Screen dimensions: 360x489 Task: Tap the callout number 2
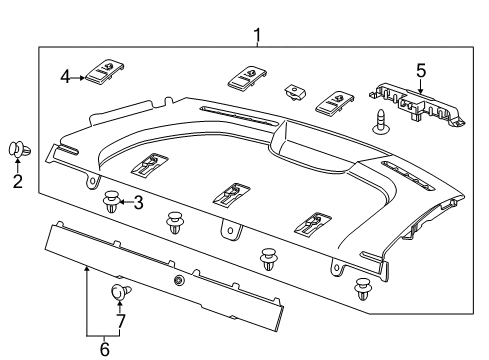[17, 181]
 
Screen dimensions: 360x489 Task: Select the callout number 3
[138, 203]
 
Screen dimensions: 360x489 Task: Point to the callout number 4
[65, 75]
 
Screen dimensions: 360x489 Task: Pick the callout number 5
[421, 70]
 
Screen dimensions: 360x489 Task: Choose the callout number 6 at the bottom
[105, 349]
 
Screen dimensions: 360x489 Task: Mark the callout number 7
[121, 321]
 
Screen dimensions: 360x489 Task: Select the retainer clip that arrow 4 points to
[104, 71]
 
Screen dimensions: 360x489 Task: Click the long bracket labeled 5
[416, 104]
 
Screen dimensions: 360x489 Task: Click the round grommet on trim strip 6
[178, 282]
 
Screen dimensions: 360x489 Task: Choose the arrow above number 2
[17, 167]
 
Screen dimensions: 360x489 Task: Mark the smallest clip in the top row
[294, 92]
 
